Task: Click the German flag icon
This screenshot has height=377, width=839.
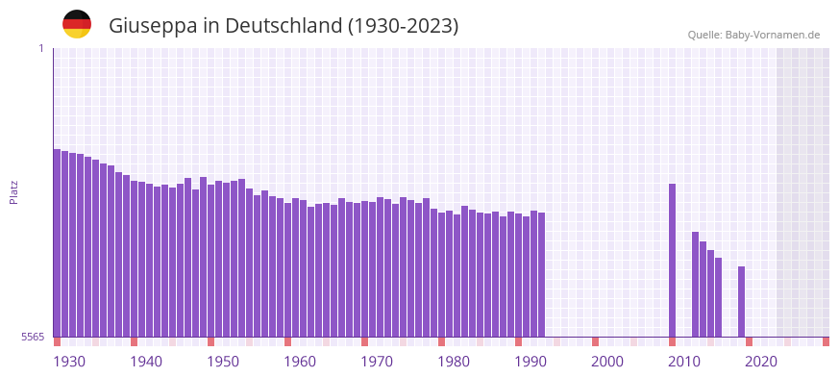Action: (x=77, y=24)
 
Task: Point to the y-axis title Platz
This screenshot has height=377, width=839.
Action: (x=13, y=191)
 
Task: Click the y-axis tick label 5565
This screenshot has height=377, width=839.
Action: (x=32, y=337)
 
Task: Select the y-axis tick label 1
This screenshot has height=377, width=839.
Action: (x=40, y=48)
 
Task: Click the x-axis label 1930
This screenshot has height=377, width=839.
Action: (x=69, y=361)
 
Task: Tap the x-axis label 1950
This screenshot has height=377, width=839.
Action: (x=223, y=361)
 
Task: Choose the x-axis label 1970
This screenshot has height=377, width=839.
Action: (x=377, y=361)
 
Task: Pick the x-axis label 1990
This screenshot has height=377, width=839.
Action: (x=531, y=361)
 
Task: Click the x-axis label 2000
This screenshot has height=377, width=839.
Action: (x=607, y=361)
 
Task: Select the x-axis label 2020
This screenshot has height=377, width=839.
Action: (x=761, y=361)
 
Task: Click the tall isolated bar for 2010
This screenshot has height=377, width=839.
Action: (x=673, y=260)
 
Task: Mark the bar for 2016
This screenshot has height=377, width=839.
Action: (x=719, y=297)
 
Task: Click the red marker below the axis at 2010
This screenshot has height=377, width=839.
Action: (x=673, y=341)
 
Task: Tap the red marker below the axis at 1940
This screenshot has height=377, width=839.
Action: (x=135, y=341)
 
